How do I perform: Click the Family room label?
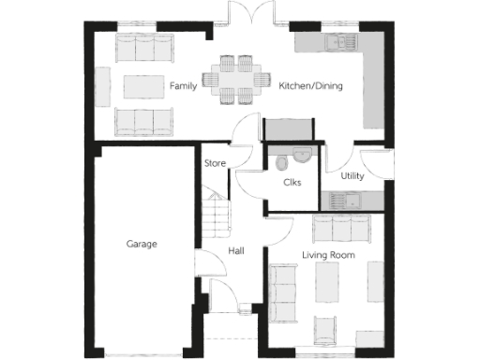[x=182, y=86]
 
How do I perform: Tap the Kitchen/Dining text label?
[x=310, y=86]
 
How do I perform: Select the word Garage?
[x=142, y=244]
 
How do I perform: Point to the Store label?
[x=216, y=164]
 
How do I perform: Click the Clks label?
[x=292, y=182]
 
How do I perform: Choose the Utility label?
[x=352, y=174]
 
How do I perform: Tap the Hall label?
[x=236, y=251]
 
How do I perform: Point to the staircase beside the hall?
[x=217, y=214]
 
